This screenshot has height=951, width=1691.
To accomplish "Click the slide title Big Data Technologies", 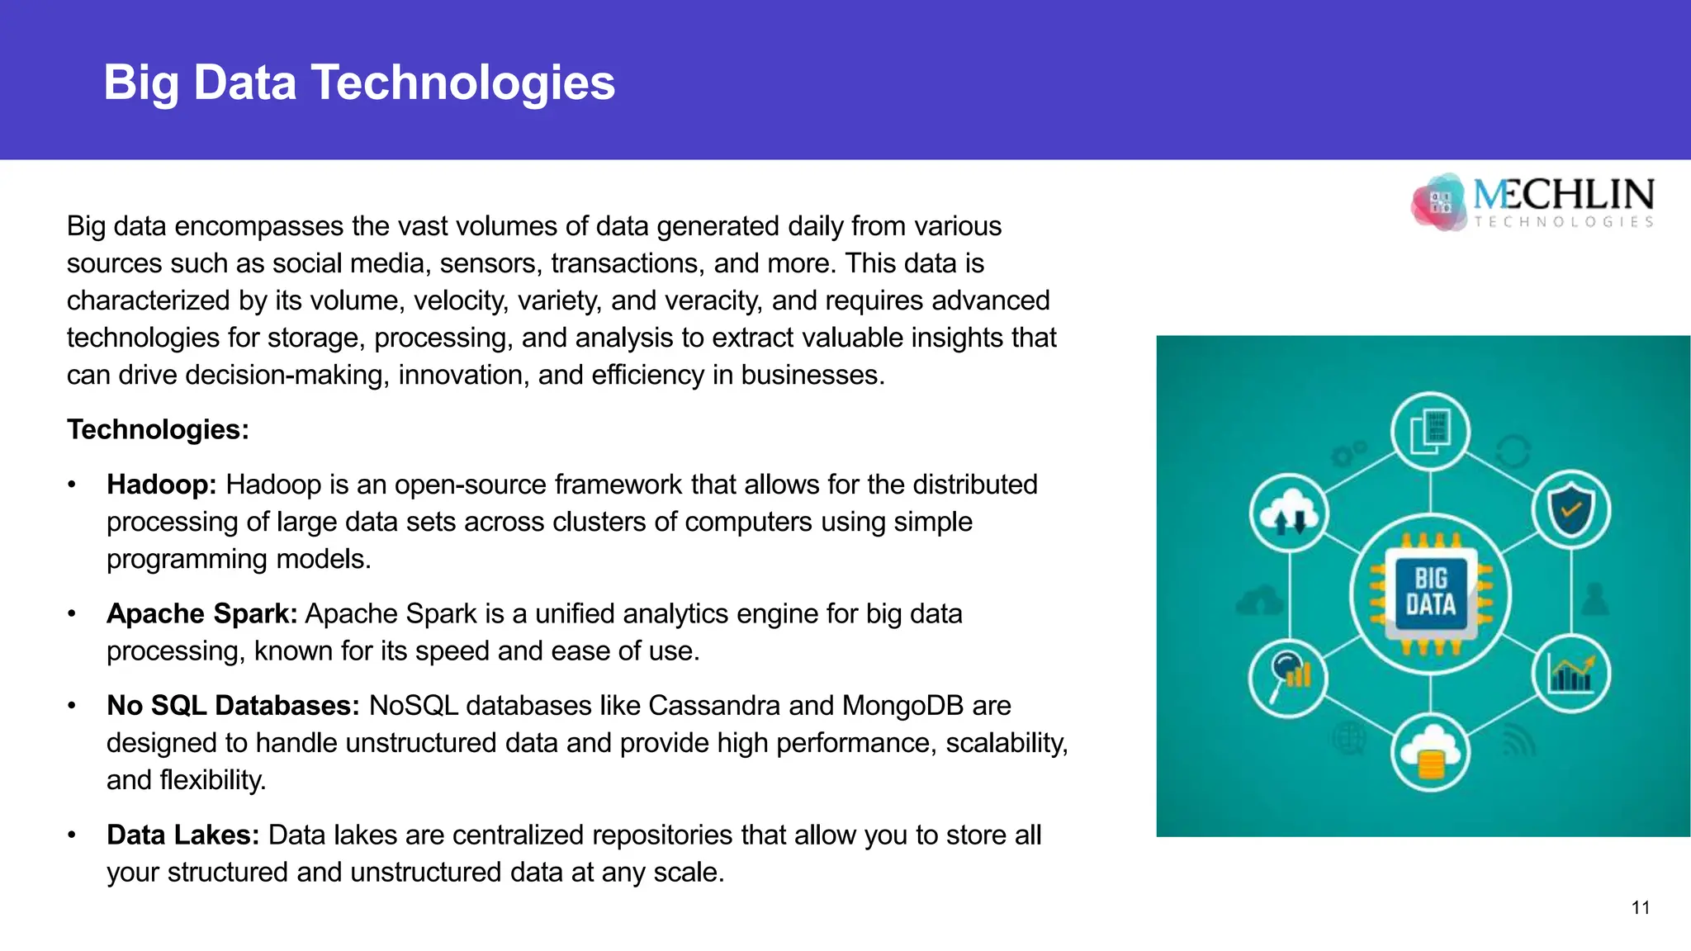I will [359, 83].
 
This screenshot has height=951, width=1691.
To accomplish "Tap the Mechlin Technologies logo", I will [1532, 201].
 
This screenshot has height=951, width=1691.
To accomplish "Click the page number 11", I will [1640, 908].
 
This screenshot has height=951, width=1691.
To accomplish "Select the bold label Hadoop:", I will [161, 485].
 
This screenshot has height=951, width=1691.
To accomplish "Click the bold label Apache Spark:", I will [201, 614].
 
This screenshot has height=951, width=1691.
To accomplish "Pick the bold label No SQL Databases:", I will [233, 706].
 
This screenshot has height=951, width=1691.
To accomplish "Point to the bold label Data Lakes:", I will [182, 835].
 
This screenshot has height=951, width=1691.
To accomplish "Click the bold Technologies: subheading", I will [158, 429].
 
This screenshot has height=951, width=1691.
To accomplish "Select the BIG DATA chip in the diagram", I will [1430, 593].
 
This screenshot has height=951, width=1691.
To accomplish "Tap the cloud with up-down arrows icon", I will [1289, 513].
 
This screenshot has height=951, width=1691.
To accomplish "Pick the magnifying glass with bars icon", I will [1289, 676].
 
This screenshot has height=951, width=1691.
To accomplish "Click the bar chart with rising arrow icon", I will [1570, 674].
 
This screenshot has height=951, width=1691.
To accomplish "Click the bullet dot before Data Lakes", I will [73, 835].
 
